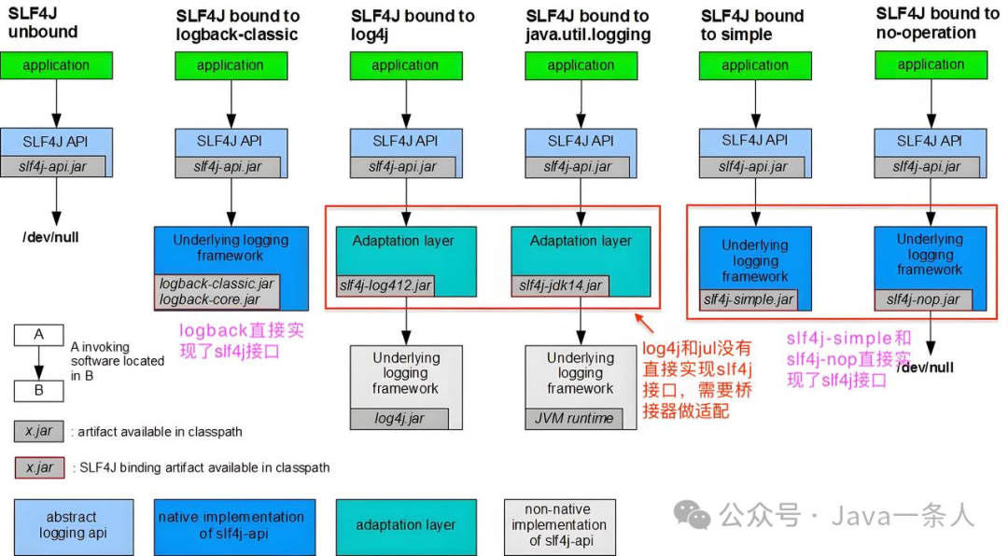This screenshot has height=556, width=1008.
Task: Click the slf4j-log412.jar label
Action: click(x=384, y=285)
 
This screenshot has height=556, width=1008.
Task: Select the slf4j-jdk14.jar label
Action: click(x=560, y=285)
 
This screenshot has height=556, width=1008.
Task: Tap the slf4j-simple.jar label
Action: click(x=749, y=299)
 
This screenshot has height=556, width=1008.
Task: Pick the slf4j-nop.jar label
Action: click(x=923, y=299)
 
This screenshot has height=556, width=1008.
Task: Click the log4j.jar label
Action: click(x=399, y=418)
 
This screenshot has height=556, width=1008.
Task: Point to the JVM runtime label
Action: click(x=573, y=418)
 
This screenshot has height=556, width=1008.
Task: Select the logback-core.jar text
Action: click(x=210, y=299)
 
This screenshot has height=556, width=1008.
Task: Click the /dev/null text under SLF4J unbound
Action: click(x=51, y=237)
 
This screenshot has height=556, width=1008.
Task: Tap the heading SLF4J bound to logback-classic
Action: click(x=238, y=25)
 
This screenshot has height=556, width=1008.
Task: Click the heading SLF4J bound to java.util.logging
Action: click(x=588, y=25)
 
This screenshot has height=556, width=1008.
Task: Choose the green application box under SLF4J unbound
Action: click(x=56, y=65)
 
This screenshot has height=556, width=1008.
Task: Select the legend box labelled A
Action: click(x=38, y=335)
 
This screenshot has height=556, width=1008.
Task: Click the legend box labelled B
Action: click(x=38, y=390)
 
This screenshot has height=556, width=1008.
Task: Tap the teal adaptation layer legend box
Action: click(x=406, y=525)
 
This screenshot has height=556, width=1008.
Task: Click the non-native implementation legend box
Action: click(x=558, y=525)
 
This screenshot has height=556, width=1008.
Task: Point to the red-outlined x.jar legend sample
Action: click(x=39, y=466)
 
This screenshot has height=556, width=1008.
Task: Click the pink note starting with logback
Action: click(x=241, y=341)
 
